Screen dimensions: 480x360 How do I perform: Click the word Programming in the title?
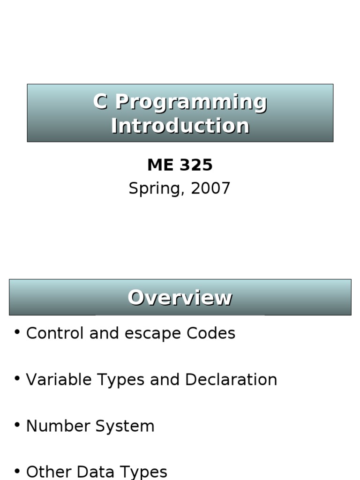[191, 102]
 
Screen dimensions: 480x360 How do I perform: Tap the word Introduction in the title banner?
[180, 126]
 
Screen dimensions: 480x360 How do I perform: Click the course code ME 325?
[180, 165]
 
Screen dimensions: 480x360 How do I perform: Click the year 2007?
[210, 188]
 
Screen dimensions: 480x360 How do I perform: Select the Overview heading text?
[180, 298]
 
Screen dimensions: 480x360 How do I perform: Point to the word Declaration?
[231, 379]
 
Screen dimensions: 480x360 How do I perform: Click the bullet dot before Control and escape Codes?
[17, 332]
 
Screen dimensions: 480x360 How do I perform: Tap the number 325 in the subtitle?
[196, 165]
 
